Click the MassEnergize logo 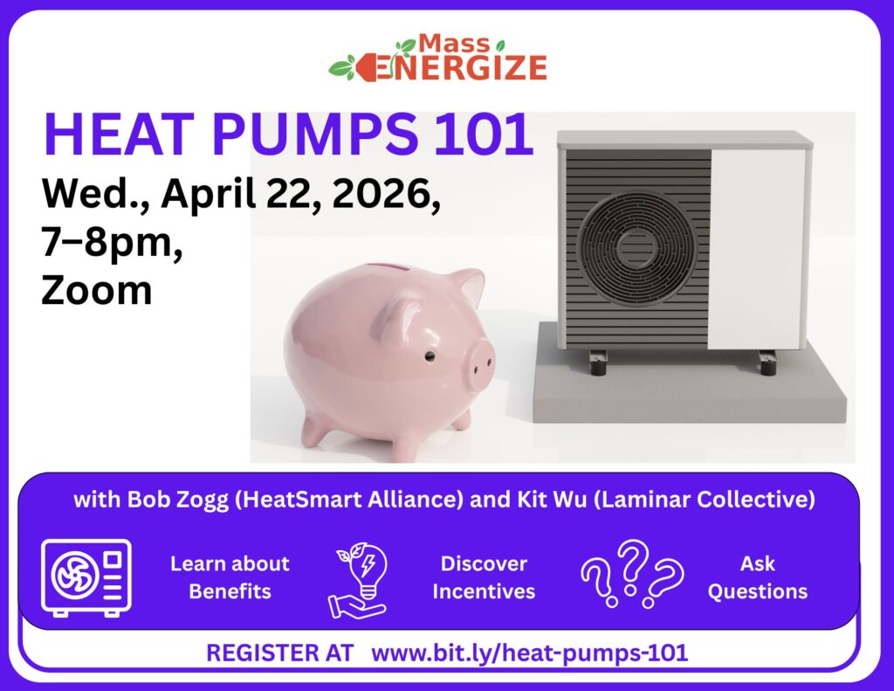[438, 59]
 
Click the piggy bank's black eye [430, 357]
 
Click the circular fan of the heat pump [637, 248]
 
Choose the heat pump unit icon [86, 577]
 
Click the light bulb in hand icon [359, 577]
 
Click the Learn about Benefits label [230, 577]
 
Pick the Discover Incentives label [484, 577]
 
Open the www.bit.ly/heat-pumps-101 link [530, 653]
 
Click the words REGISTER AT [279, 653]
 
